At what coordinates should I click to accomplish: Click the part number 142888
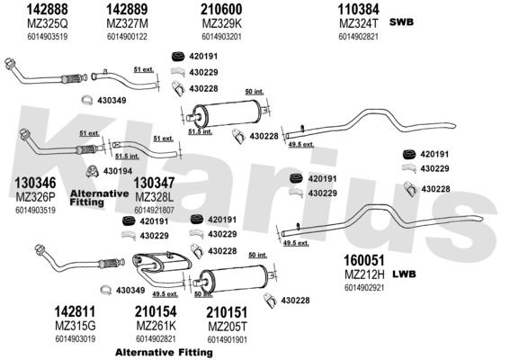48,9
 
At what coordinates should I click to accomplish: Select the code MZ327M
127,23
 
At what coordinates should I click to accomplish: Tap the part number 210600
221,9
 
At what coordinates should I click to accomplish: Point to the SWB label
401,22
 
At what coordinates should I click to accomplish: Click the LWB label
404,274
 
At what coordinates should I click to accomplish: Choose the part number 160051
364,260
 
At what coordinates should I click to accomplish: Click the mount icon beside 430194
93,171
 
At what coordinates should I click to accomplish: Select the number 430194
118,171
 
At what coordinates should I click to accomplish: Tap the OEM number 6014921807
154,211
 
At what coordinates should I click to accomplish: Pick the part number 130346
35,183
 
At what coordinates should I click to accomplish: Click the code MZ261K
157,326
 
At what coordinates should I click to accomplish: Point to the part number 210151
227,312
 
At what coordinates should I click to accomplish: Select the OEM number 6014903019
76,338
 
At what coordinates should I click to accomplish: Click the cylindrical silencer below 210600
228,113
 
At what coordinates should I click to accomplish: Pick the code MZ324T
359,23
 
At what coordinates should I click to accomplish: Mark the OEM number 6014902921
364,288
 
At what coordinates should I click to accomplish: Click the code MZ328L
154,197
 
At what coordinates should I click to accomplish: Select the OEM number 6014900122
127,37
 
